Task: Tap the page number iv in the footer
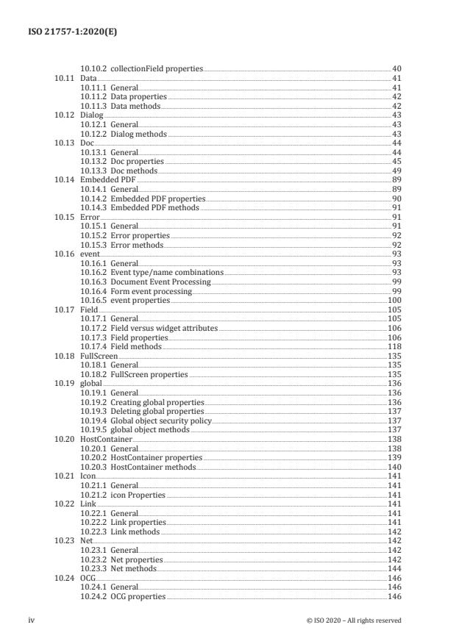(31, 620)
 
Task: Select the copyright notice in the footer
(353, 620)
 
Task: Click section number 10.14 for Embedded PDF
(63, 180)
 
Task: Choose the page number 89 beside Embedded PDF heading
(396, 180)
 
